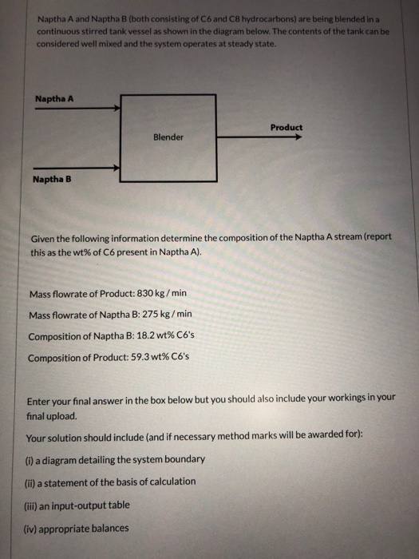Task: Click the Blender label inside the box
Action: pos(168,137)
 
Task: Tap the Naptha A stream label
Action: pos(54,100)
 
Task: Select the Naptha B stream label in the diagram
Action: pos(52,179)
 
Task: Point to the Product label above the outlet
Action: pos(287,127)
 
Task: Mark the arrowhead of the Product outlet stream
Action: pos(298,137)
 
